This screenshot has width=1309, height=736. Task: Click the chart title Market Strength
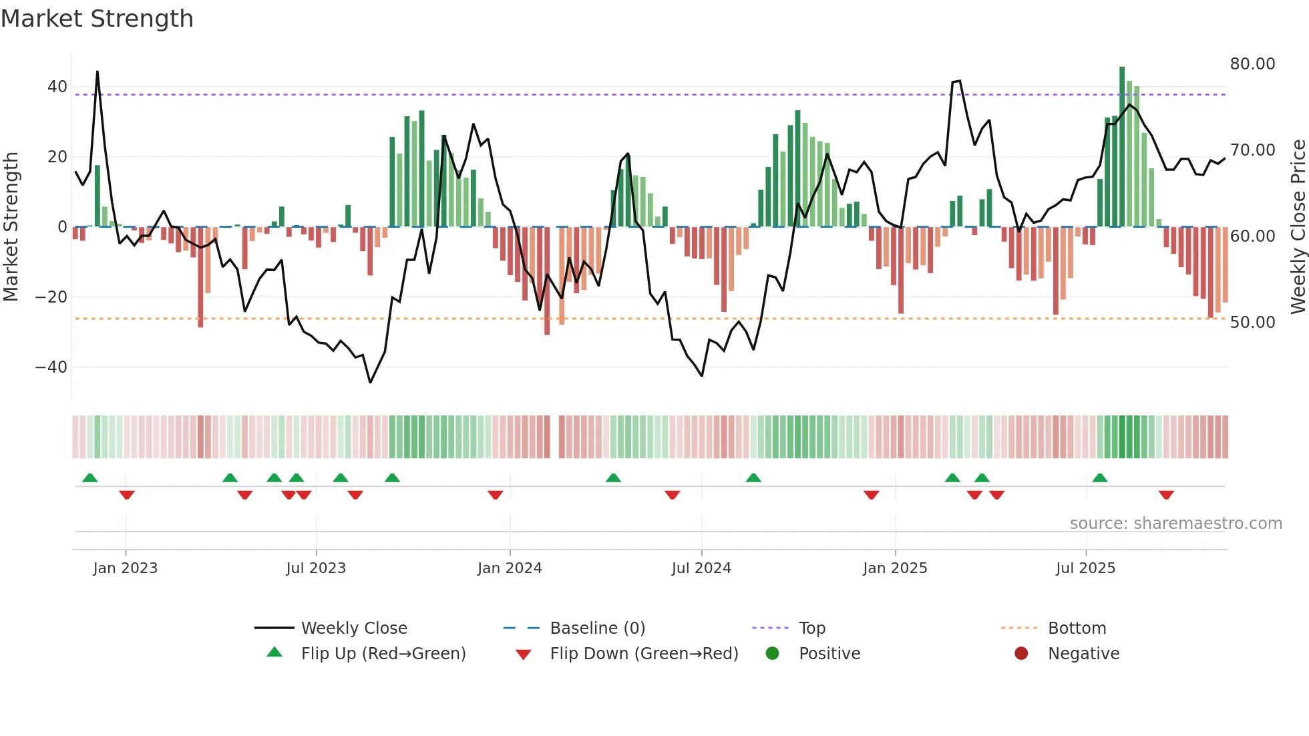click(x=97, y=19)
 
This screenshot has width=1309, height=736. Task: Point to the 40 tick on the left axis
click(x=57, y=87)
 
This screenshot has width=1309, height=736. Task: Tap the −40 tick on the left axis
click(x=51, y=367)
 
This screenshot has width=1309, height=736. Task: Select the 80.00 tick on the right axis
click(x=1252, y=64)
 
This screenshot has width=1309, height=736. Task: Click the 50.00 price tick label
click(x=1252, y=323)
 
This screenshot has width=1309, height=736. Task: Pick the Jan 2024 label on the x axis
click(x=510, y=568)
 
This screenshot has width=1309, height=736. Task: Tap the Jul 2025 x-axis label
click(x=1085, y=568)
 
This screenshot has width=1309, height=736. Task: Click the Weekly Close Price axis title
click(x=1298, y=227)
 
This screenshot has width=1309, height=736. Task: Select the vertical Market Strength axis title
click(x=11, y=227)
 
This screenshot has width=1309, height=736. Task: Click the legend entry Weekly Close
click(x=353, y=628)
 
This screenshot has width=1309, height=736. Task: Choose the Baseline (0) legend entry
click(x=597, y=628)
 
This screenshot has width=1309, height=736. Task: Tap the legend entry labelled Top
click(x=811, y=628)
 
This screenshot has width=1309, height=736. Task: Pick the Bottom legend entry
click(x=1077, y=628)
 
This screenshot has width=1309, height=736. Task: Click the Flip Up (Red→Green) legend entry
click(x=383, y=654)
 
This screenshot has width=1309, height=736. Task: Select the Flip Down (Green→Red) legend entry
click(x=644, y=654)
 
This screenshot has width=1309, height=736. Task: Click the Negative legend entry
click(x=1083, y=654)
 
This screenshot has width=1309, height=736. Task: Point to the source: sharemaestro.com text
click(x=1175, y=524)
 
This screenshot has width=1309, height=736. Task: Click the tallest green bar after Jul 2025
click(x=1122, y=147)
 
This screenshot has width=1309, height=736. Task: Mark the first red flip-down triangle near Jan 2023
click(x=127, y=495)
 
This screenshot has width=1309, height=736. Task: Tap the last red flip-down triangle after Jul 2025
click(x=1166, y=495)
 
